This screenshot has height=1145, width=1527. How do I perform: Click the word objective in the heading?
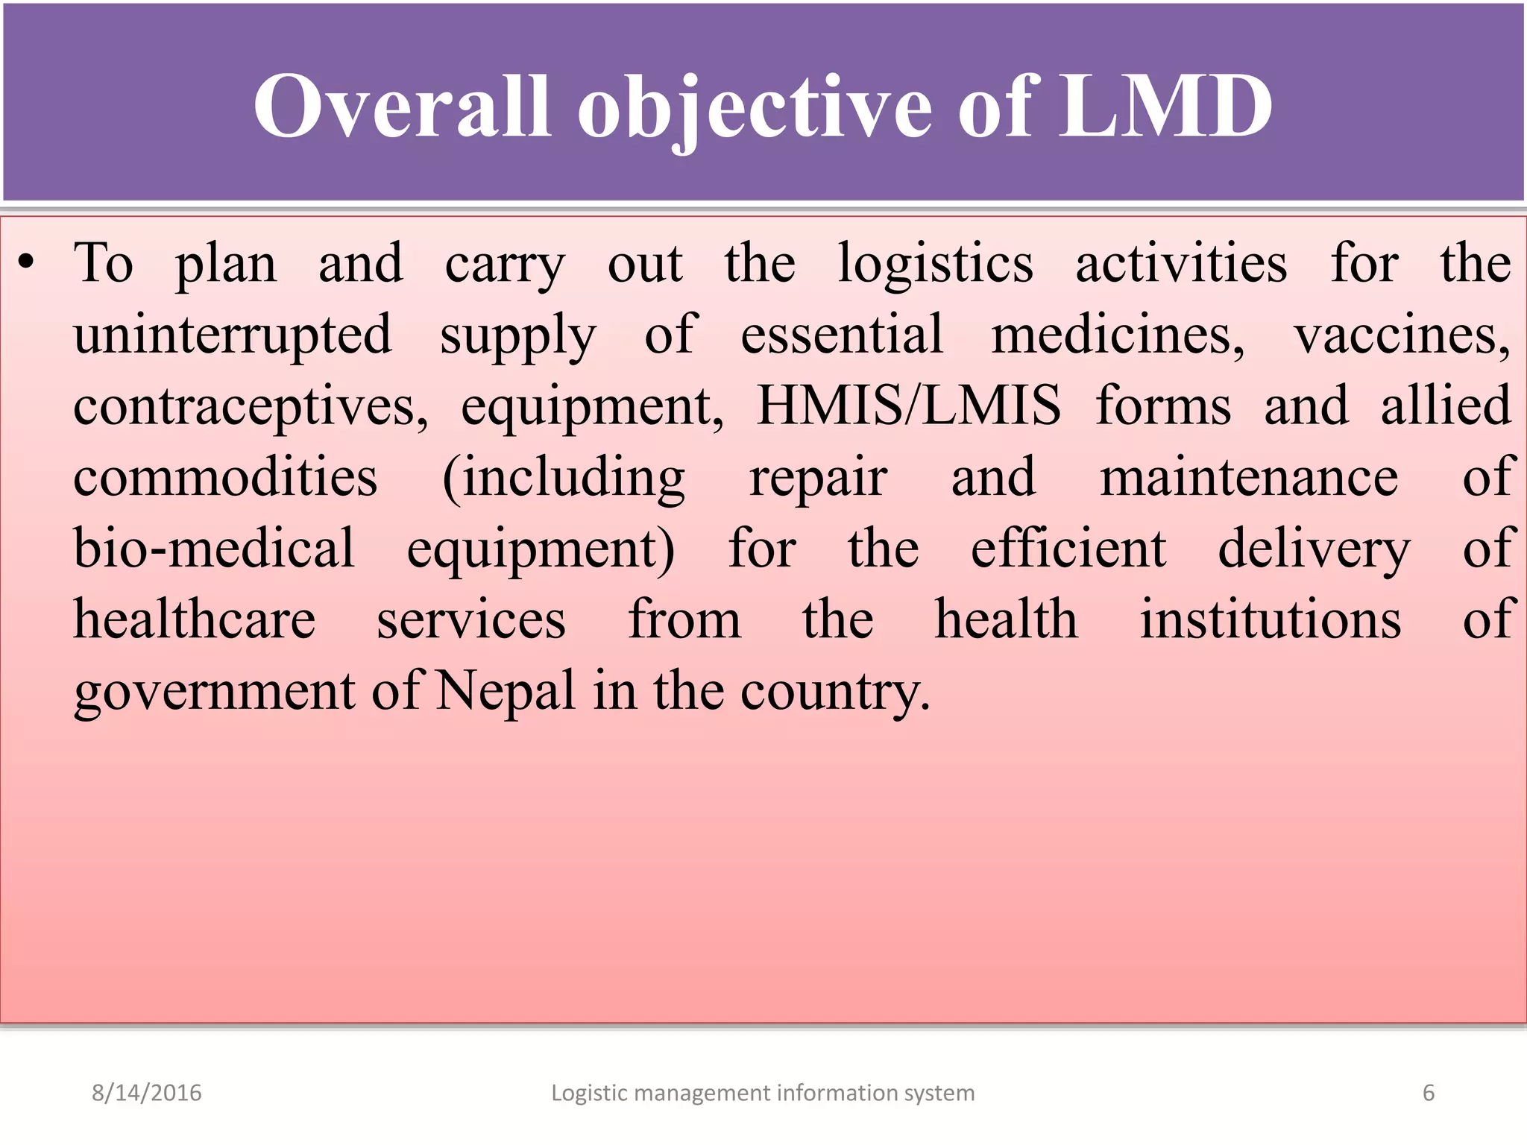coord(754,108)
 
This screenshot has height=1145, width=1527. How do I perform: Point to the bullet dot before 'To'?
coord(27,263)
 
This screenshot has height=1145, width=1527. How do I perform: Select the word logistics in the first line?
coord(935,265)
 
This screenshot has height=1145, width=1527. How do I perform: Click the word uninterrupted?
coord(232,336)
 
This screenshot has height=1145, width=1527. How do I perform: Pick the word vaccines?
coord(1401,336)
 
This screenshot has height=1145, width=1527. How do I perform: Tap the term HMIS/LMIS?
coord(908,406)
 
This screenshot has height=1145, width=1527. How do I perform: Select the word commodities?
coord(225,478)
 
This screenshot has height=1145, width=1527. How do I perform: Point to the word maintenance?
coord(1249,478)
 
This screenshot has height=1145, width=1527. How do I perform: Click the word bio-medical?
coord(214,549)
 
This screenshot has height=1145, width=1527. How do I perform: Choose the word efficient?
coord(1068,549)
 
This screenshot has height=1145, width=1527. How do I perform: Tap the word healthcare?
coord(195,620)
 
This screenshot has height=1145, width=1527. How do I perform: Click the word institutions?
coord(1270,620)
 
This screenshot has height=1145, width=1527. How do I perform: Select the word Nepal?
coord(505,691)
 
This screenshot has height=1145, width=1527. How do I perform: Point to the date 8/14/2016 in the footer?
coord(146,1093)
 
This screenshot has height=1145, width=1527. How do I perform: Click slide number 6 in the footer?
coord(1428,1093)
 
